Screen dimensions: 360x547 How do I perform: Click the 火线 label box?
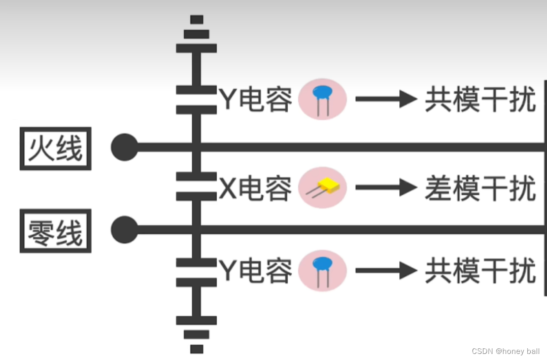(x=55, y=149)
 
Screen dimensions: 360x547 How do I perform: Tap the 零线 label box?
(x=55, y=231)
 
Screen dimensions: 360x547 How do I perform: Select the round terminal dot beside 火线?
(x=124, y=148)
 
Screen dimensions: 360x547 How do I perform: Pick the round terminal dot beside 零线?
(x=124, y=230)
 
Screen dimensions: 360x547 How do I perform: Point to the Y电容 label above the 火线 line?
(x=256, y=99)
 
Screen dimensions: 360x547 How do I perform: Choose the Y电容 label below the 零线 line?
(x=256, y=271)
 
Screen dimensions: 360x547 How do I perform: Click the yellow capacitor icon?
(x=323, y=188)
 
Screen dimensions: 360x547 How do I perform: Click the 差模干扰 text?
(x=480, y=188)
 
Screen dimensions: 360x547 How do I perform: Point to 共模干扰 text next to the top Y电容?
(x=480, y=99)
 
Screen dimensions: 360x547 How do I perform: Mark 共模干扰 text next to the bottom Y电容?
(x=480, y=271)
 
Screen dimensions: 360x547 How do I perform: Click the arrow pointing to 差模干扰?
(x=386, y=188)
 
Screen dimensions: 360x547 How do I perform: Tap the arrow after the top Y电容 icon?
(x=386, y=99)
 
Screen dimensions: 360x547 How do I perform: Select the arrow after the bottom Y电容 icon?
(x=386, y=270)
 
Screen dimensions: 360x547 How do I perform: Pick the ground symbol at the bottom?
(x=196, y=334)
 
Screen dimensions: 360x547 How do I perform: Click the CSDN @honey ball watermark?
(x=505, y=351)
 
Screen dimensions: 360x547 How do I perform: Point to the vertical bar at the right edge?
(x=545, y=188)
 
